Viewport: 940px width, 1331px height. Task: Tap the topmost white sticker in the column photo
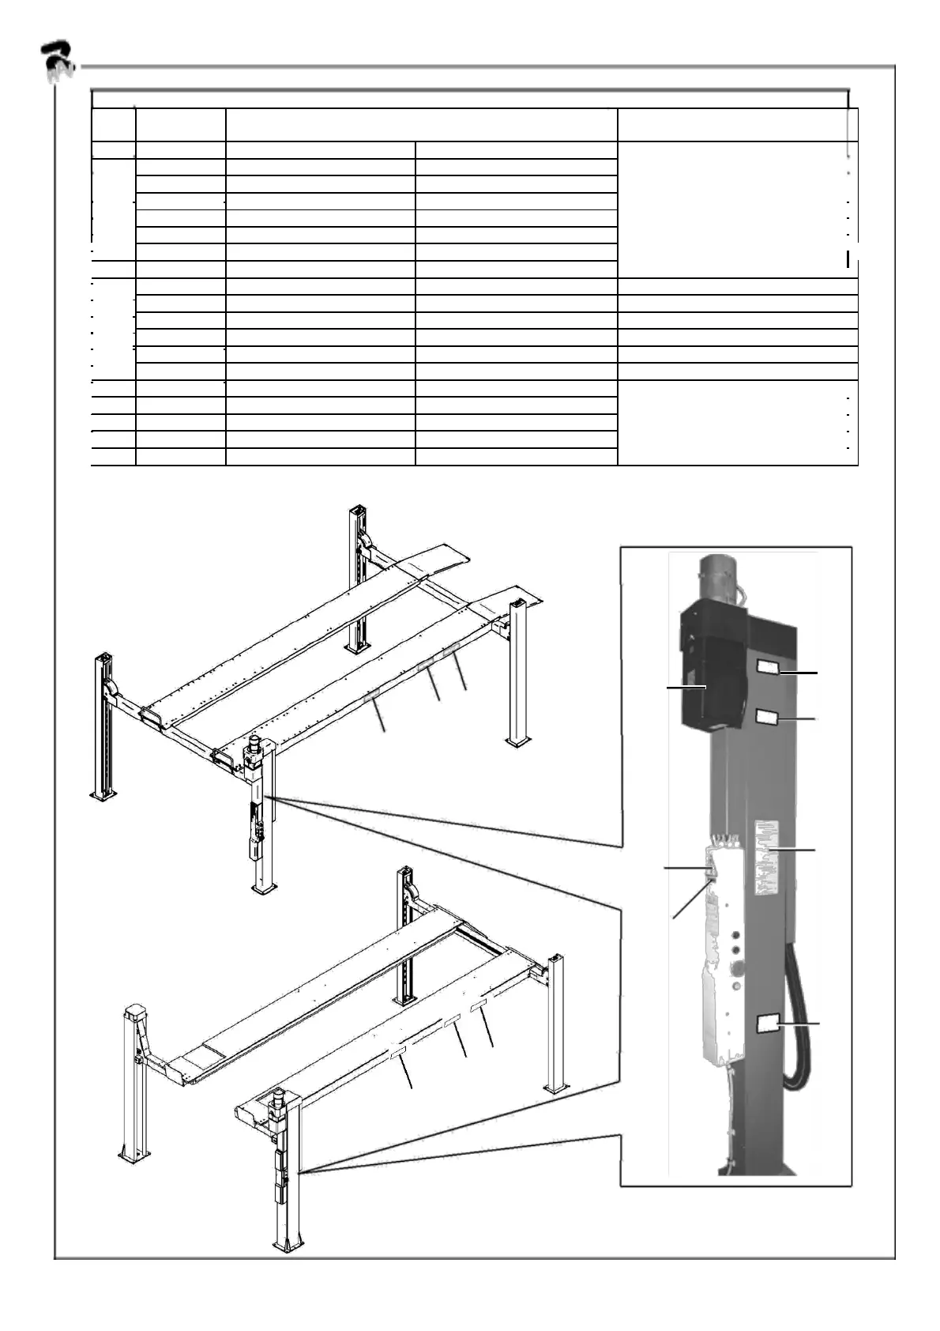[x=768, y=669]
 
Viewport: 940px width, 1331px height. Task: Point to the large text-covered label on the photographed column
[x=766, y=857]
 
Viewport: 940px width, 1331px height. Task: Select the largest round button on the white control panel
[x=739, y=966]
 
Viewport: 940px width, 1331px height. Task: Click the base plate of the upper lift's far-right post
[x=518, y=741]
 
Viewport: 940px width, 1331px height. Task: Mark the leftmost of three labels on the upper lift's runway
[x=372, y=696]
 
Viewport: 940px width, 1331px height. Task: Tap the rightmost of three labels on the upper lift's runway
[x=451, y=650]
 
